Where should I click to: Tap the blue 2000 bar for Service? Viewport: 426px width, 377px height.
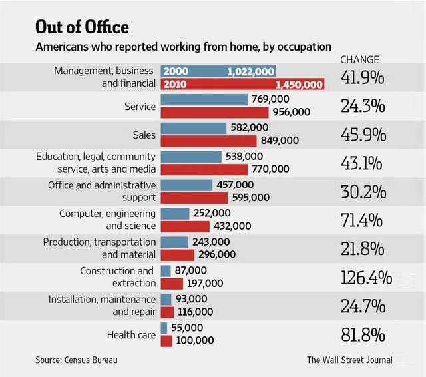coord(203,99)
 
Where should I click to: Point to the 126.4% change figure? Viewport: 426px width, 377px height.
coord(366,277)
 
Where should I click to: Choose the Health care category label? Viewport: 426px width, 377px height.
coord(131,334)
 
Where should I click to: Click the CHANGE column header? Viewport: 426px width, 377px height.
coord(360,59)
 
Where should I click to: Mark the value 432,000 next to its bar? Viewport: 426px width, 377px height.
coord(232,226)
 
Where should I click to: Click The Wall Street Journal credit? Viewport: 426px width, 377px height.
coord(349,360)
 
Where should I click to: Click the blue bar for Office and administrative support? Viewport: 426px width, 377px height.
coord(187,185)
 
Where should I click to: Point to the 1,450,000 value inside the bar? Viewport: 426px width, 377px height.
coord(298,85)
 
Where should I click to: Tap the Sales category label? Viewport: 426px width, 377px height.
coord(144,135)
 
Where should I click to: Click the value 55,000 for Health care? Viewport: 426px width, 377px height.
coord(186,328)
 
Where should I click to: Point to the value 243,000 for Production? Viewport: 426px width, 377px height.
coord(212,242)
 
